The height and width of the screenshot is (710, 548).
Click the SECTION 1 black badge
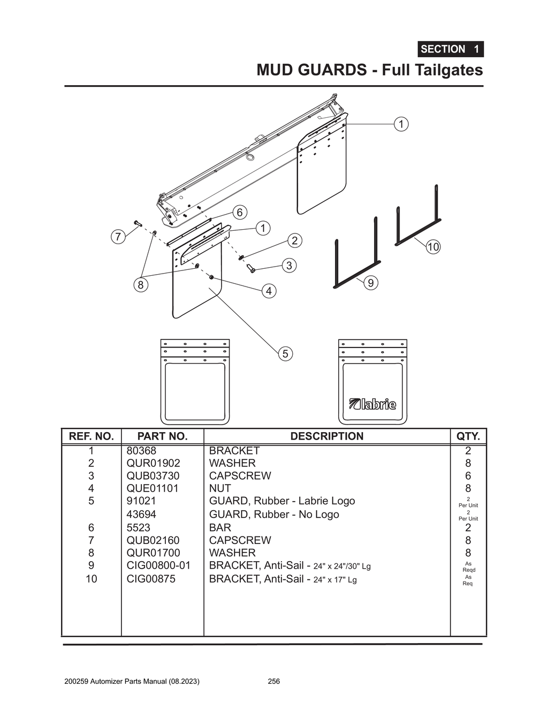click(450, 49)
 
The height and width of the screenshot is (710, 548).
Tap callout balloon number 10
click(433, 247)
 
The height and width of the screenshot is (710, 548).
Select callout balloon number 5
click(285, 353)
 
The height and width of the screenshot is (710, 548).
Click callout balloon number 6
click(239, 212)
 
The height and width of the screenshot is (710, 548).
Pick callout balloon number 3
click(289, 265)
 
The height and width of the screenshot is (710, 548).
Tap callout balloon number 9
click(370, 282)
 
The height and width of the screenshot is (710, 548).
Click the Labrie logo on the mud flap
click(372, 404)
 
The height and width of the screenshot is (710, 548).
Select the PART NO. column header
click(162, 436)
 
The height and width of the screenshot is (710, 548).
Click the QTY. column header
click(468, 436)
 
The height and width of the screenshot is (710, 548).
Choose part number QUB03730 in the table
click(153, 475)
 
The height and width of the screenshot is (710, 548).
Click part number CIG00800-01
click(158, 565)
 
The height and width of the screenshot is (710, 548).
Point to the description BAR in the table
click(220, 527)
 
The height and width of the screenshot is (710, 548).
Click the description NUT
click(220, 488)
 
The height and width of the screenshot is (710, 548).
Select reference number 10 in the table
click(92, 579)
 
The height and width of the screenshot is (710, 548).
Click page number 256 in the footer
click(273, 682)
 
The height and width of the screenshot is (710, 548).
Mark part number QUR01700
click(153, 553)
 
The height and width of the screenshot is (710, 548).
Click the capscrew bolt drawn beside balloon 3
click(250, 268)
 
